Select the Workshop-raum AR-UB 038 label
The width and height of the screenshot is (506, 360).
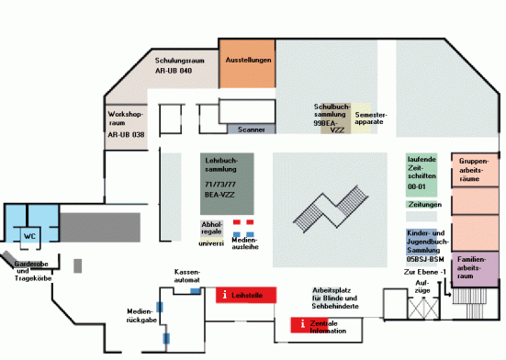126,124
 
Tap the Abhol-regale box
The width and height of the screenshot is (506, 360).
211,228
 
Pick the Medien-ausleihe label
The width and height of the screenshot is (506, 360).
243,242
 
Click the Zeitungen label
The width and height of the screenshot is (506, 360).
424,204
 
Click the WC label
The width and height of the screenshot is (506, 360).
29,236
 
